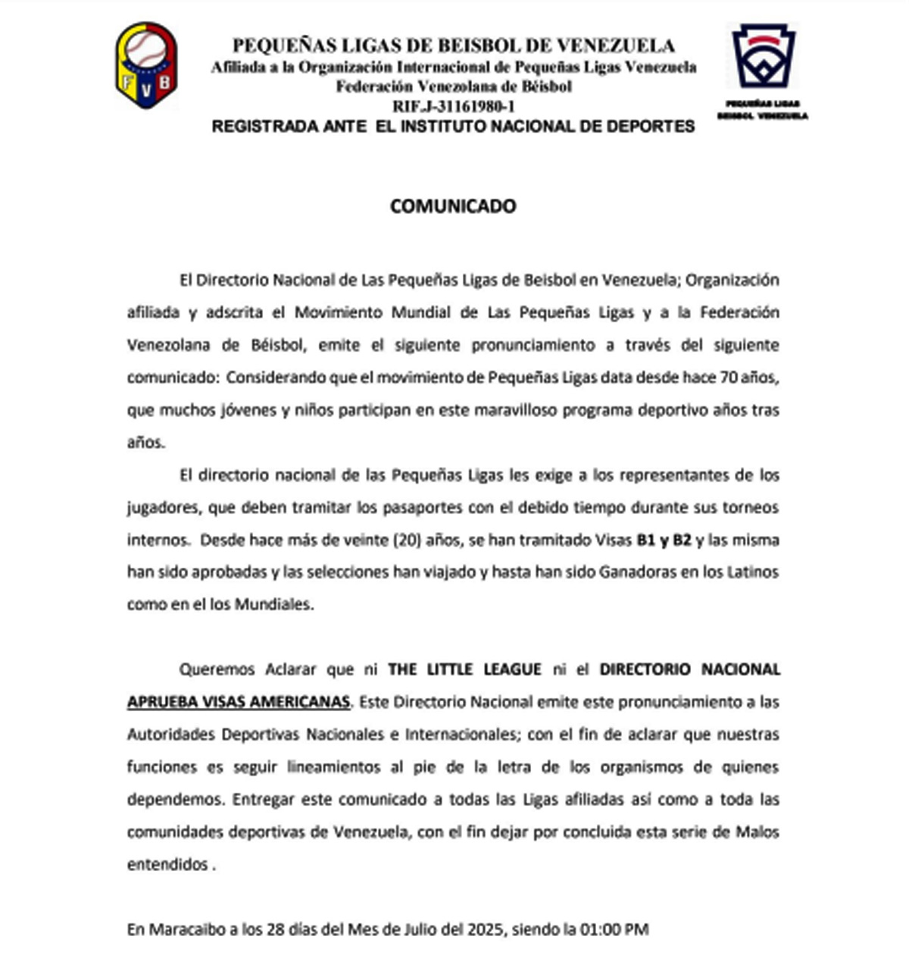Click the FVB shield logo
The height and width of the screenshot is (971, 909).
(146, 64)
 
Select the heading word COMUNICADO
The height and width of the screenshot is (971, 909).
(453, 206)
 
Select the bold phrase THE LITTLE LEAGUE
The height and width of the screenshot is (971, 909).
(464, 670)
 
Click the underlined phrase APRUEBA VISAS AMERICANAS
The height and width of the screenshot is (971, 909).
(239, 702)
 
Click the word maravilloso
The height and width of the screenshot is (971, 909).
(515, 410)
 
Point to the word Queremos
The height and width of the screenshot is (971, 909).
(217, 670)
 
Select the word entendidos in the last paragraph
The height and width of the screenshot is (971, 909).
(167, 864)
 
